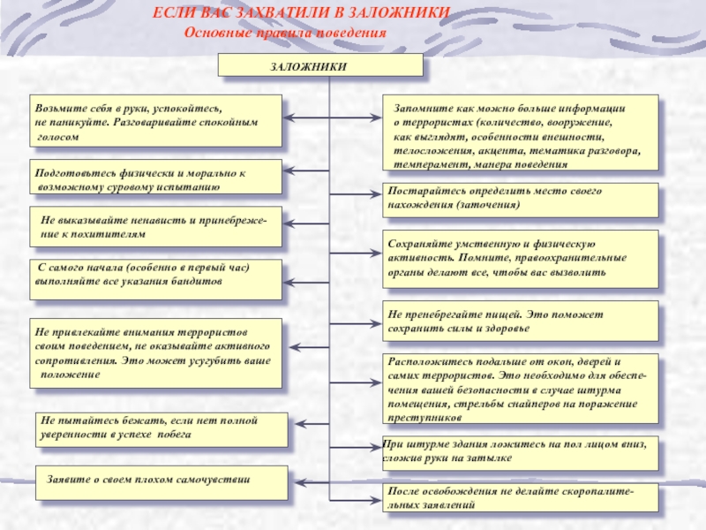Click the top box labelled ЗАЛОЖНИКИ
[x=320, y=65]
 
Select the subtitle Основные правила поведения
[x=285, y=33]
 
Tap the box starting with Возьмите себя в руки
[x=156, y=121]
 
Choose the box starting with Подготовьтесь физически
[x=156, y=177]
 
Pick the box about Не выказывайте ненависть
[x=157, y=229]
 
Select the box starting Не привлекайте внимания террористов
[x=156, y=353]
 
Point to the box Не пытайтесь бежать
[x=161, y=429]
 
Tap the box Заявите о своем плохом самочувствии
[x=161, y=482]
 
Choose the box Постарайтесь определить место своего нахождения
[x=521, y=201]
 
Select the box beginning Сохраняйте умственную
[x=521, y=259]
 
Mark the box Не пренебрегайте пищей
[x=521, y=321]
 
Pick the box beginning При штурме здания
[x=521, y=452]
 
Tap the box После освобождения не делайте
[x=521, y=497]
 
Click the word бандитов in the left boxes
[x=199, y=281]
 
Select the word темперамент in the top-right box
[x=424, y=164]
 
